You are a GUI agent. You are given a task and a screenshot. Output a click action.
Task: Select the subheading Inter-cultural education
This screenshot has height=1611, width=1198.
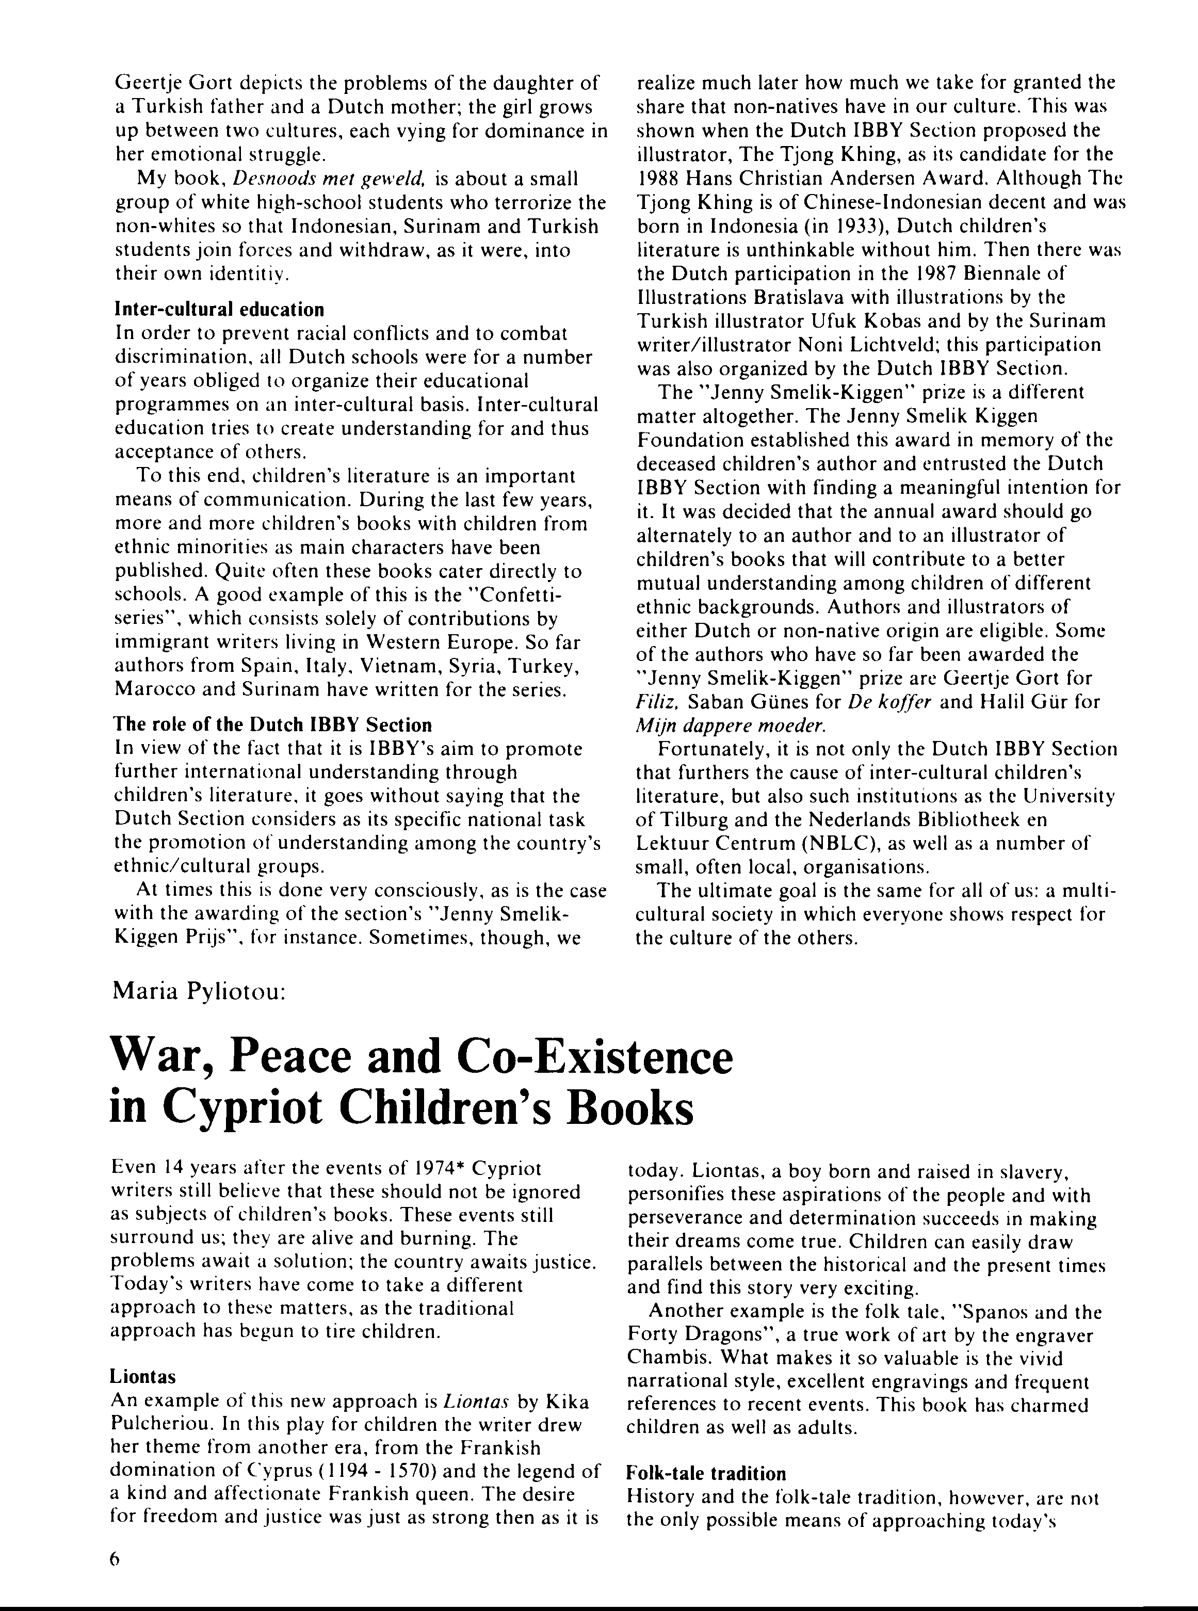pyautogui.click(x=219, y=310)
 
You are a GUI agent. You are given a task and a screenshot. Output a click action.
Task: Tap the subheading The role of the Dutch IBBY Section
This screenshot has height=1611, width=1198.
pyautogui.click(x=272, y=724)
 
